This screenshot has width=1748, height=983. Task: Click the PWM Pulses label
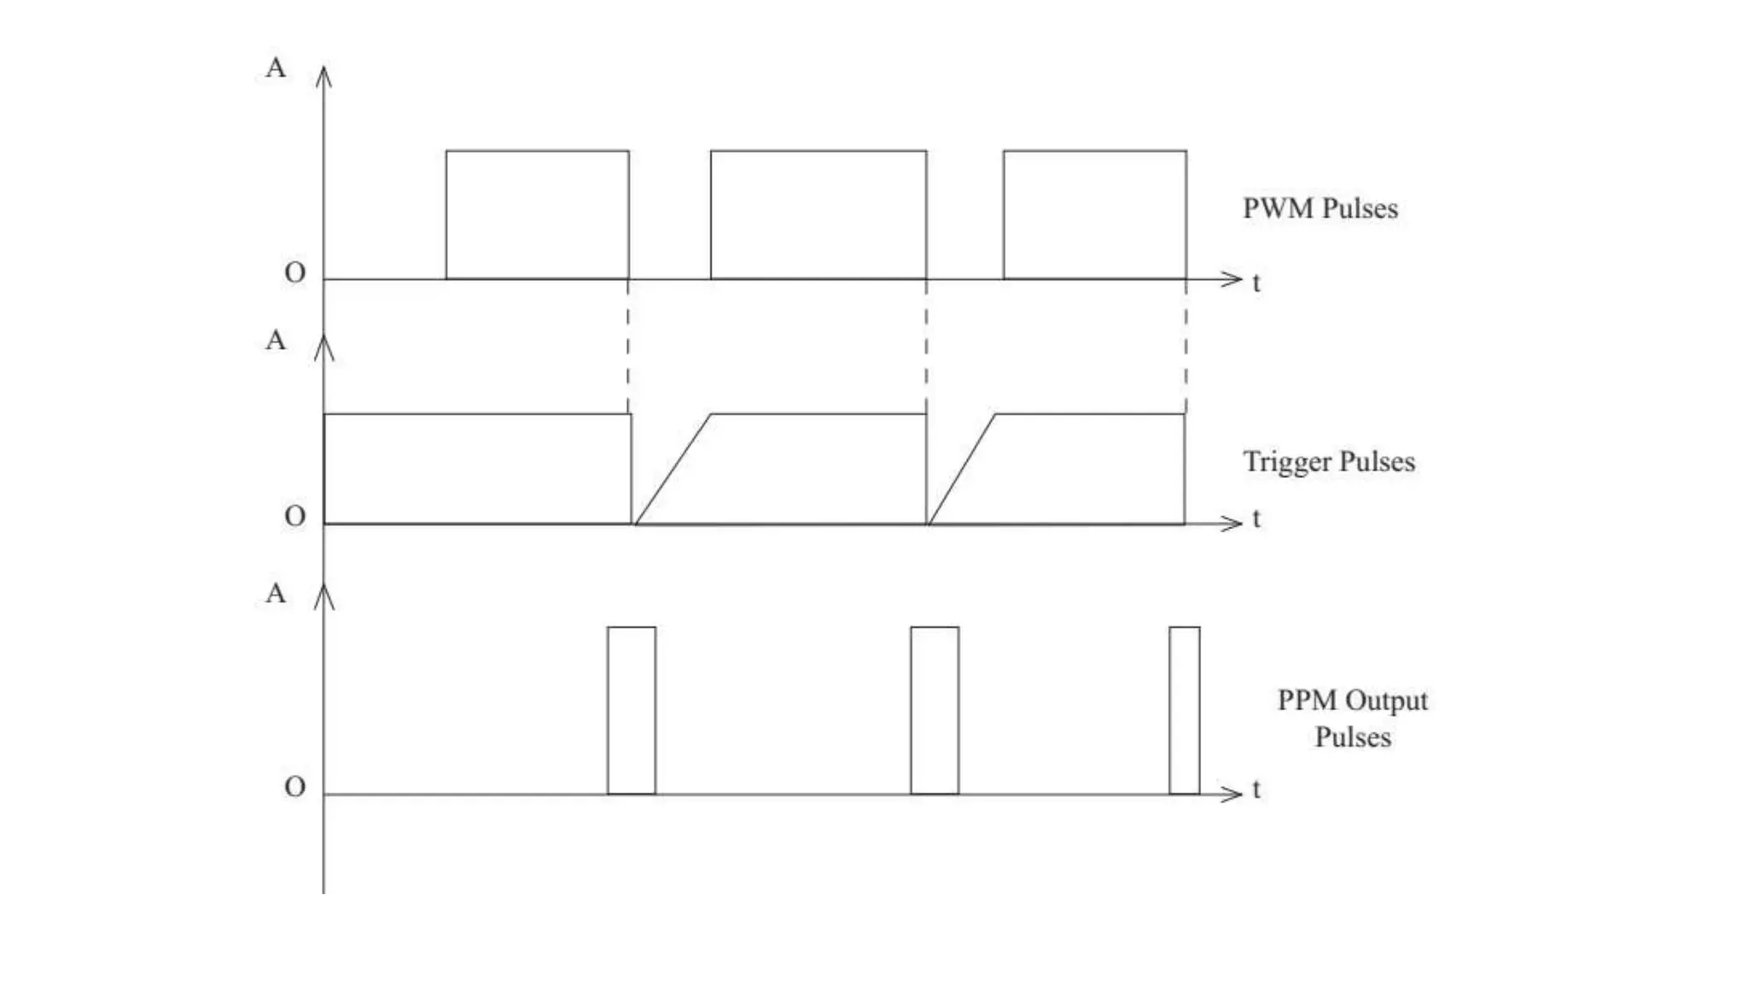1320,209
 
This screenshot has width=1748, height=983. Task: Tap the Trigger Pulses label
1328,462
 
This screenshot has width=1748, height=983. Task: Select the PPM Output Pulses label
1352,718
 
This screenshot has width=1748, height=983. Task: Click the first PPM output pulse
632,711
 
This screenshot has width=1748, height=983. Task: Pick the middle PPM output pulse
935,711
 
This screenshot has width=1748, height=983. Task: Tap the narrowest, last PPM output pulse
1185,711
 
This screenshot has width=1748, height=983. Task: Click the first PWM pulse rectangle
538,215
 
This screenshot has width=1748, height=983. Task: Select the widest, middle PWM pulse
819,215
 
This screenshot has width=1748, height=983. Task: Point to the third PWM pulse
1095,215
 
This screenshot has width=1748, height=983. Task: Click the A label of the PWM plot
276,67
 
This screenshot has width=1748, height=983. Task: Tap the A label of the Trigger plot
276,340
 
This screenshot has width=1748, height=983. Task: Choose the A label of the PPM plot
276,593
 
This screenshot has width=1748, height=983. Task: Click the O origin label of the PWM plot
294,273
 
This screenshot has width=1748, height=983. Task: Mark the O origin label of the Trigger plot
294,516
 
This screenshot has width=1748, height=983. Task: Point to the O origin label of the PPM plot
294,787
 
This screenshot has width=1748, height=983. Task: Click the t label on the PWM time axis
1256,282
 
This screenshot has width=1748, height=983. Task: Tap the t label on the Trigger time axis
1256,519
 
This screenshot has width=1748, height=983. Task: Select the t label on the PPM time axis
1256,789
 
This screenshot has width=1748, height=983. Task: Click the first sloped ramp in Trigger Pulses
673,469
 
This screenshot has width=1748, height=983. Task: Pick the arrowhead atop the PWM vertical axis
323,76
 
